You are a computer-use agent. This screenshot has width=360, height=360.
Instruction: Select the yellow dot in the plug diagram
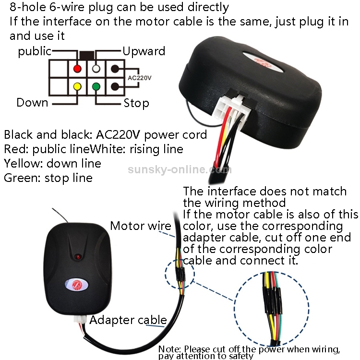coord(77,87)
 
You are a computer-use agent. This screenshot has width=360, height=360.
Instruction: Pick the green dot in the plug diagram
coord(96,87)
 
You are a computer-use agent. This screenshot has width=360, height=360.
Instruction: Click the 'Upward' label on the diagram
coord(144,51)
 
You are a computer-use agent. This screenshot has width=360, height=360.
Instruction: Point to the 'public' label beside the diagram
coord(35,51)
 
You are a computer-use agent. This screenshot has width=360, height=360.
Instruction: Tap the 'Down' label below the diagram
coord(32,102)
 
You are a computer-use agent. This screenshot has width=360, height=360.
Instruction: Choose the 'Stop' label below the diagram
coord(136,103)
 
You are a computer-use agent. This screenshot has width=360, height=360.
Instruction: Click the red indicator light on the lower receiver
coord(75,253)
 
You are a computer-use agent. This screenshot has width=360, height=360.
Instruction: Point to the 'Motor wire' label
coord(140,226)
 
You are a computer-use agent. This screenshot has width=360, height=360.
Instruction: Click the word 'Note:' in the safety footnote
coord(170,349)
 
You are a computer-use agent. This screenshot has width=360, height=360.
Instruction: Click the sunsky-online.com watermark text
coord(180,169)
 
